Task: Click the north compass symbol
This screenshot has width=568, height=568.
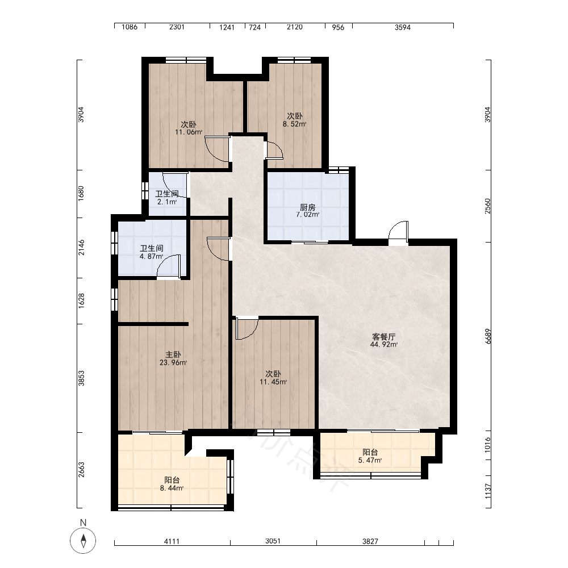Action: pyautogui.click(x=83, y=541)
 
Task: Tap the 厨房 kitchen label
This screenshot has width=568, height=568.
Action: pyautogui.click(x=307, y=207)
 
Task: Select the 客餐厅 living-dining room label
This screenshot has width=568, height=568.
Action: pyautogui.click(x=383, y=336)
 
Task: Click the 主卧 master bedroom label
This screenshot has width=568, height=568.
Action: pyautogui.click(x=173, y=354)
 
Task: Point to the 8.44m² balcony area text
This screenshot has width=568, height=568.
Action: pyautogui.click(x=172, y=488)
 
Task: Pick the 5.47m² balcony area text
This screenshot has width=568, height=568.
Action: pyautogui.click(x=370, y=460)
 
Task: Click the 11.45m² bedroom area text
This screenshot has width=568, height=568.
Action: pyautogui.click(x=273, y=382)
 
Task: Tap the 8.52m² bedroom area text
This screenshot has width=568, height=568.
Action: pyautogui.click(x=294, y=124)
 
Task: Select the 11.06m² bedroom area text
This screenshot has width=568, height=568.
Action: pyautogui.click(x=189, y=132)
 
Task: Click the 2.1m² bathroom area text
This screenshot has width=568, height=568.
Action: pyautogui.click(x=167, y=202)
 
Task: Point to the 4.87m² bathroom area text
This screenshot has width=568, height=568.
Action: pyautogui.click(x=152, y=257)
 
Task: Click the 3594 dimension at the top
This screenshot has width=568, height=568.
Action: pyautogui.click(x=403, y=27)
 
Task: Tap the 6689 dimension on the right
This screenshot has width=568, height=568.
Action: pyautogui.click(x=488, y=336)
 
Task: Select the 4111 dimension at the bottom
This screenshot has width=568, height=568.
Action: pyautogui.click(x=172, y=541)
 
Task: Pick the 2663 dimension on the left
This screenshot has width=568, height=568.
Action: pyautogui.click(x=81, y=470)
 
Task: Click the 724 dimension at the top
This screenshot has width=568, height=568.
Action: pyautogui.click(x=254, y=27)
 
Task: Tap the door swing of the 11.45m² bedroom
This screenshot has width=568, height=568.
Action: pyautogui.click(x=247, y=328)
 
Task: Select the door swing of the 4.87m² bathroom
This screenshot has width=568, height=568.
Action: pyautogui.click(x=169, y=266)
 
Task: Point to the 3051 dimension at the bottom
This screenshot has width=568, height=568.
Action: pyautogui.click(x=273, y=541)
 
